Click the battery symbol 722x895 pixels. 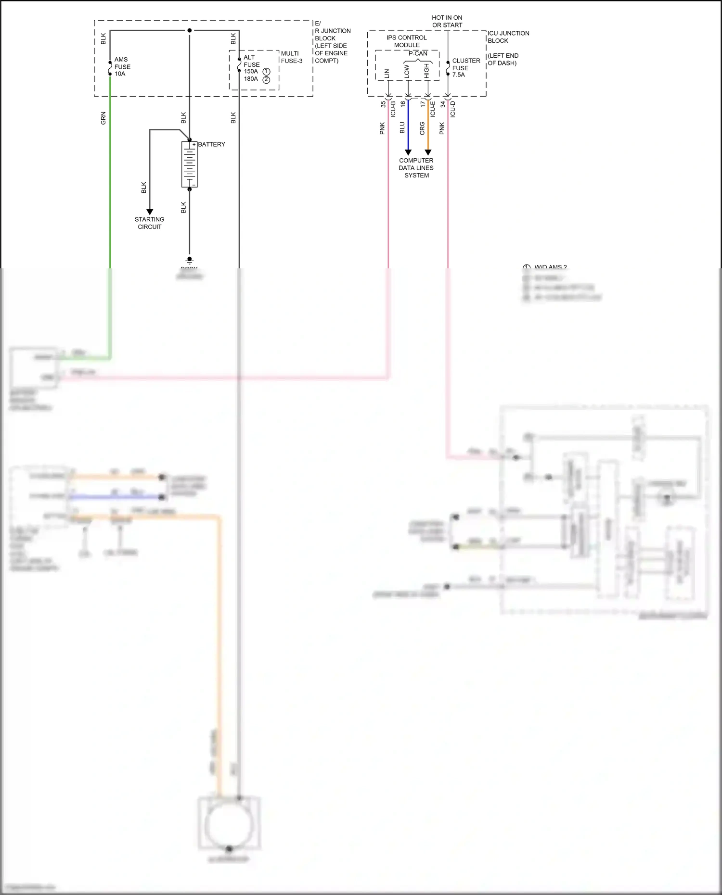pyautogui.click(x=189, y=164)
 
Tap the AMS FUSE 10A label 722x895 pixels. pyautogui.click(x=122, y=67)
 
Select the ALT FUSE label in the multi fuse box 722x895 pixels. pyautogui.click(x=251, y=61)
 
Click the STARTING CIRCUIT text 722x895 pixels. pyautogui.click(x=149, y=223)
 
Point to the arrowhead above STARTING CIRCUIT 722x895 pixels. pyautogui.click(x=150, y=212)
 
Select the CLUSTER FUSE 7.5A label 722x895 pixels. pyautogui.click(x=465, y=68)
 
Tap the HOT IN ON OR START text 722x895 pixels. pyautogui.click(x=447, y=21)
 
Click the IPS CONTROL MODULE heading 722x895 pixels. pyautogui.click(x=407, y=41)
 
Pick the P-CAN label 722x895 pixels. pyautogui.click(x=418, y=53)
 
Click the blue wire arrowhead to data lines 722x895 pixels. pyautogui.click(x=408, y=152)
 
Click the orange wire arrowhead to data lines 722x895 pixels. pyautogui.click(x=428, y=152)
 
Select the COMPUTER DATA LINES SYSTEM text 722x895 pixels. pyautogui.click(x=416, y=168)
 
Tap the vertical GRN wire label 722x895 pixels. pyautogui.click(x=103, y=118)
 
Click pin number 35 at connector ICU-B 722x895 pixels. pyautogui.click(x=383, y=104)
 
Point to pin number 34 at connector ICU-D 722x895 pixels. pyautogui.click(x=443, y=104)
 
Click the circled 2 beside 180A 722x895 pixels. pyautogui.click(x=266, y=79)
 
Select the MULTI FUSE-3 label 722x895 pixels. pyautogui.click(x=292, y=57)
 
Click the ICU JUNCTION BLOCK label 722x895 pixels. pyautogui.click(x=508, y=37)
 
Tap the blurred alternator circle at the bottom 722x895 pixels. pyautogui.click(x=230, y=825)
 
